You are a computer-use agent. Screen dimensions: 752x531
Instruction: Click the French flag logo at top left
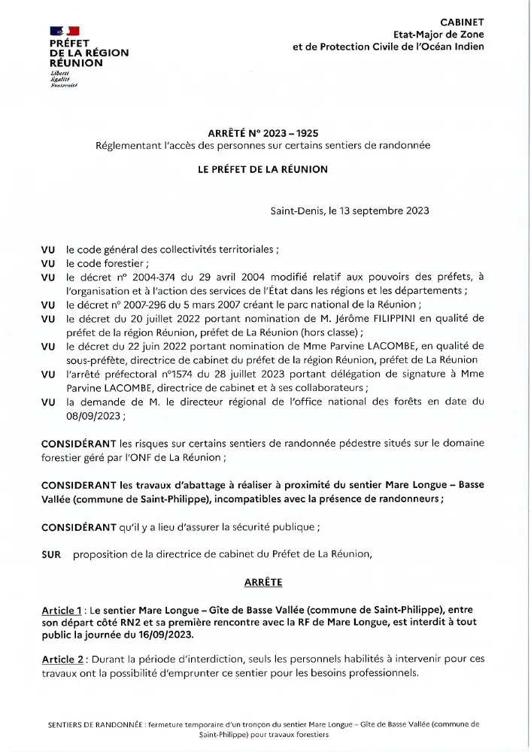[64, 31]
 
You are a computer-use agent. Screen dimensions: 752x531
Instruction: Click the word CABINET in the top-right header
[462, 23]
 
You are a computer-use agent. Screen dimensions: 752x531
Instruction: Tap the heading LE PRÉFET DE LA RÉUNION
[262, 169]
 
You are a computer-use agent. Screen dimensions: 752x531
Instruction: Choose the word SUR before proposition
[52, 554]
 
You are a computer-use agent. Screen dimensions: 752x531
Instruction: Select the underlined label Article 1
[62, 610]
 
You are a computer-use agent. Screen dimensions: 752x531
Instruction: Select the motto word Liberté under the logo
[59, 73]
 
